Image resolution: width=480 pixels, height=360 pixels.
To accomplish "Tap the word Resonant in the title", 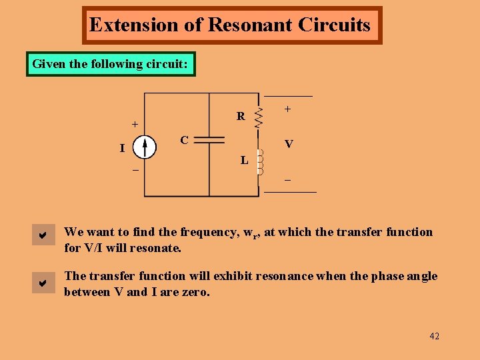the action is [251, 25].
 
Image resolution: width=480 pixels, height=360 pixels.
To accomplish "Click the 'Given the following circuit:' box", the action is [111, 65].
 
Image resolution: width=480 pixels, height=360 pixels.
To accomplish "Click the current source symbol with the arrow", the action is [144, 148].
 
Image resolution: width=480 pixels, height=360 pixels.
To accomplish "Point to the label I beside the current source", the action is [122, 148].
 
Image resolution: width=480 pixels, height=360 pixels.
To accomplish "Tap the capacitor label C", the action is [185, 140].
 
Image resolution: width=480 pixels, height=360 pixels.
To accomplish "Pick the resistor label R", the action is [241, 116].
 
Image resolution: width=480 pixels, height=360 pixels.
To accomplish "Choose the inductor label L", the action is [244, 160].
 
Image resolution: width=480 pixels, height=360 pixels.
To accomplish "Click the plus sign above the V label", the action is [287, 108].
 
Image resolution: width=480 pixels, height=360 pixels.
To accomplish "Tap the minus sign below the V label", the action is [288, 180].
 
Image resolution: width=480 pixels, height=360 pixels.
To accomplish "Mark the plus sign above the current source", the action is [135, 124].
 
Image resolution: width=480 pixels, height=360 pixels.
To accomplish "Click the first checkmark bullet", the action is [42, 235].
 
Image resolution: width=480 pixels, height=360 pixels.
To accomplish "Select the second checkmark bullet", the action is [42, 283].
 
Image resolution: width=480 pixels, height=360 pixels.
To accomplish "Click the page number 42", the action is [434, 336].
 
